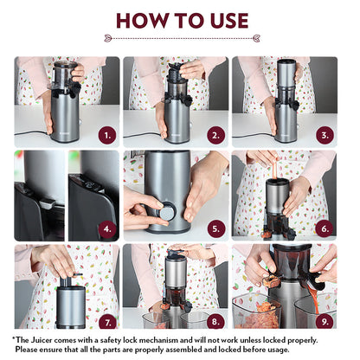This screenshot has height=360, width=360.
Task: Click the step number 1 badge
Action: [x=107, y=134]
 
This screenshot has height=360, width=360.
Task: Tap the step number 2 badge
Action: [x=216, y=134]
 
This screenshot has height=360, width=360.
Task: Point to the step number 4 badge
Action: [x=107, y=228]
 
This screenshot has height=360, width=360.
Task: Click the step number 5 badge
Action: [x=216, y=228]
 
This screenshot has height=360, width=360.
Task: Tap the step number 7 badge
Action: [x=107, y=320]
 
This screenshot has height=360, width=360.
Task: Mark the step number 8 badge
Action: [x=216, y=320]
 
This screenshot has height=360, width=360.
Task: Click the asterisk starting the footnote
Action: [x=16, y=339]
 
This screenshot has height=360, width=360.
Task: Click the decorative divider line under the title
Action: [x=180, y=38]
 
